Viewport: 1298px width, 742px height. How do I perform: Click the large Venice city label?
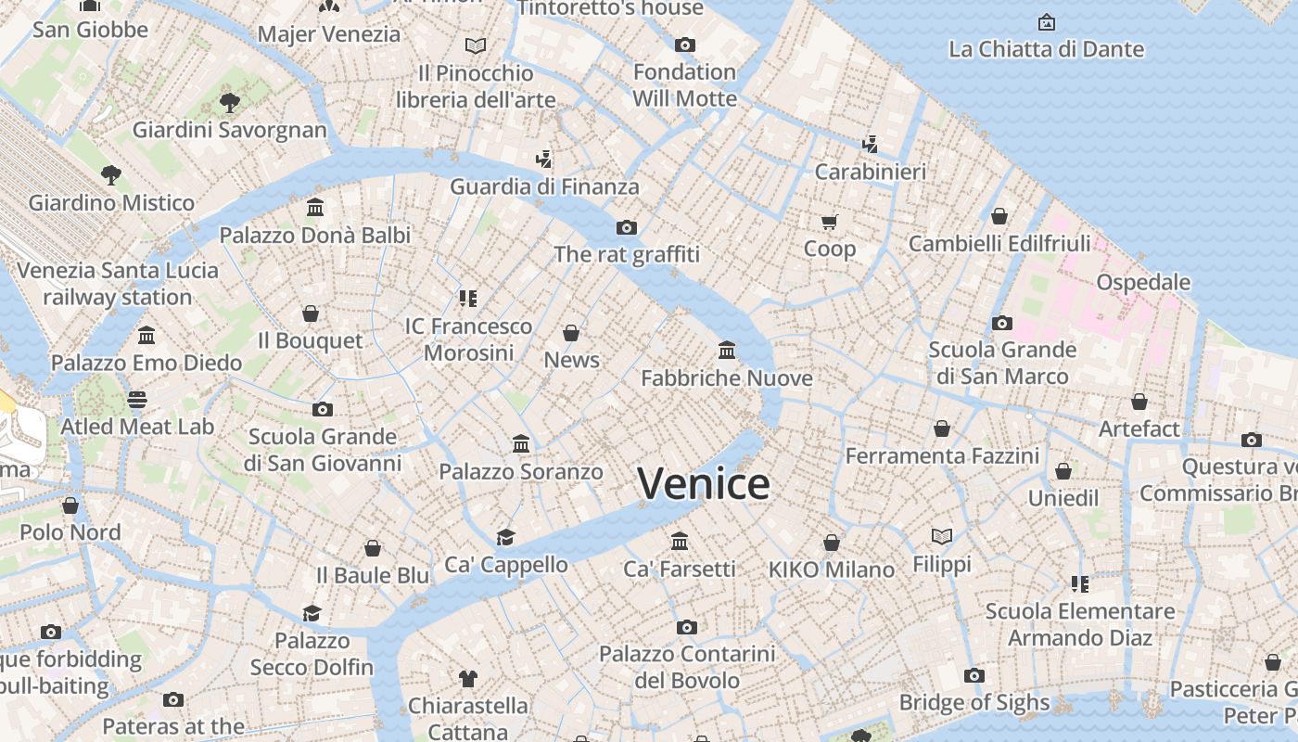703,484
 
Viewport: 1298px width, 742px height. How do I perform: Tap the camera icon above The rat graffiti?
627,227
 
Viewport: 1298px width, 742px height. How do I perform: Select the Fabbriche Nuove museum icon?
727,351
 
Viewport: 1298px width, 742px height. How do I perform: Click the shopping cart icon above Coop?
830,222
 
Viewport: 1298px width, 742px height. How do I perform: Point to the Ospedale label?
1142,282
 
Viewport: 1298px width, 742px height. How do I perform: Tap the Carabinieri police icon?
870,144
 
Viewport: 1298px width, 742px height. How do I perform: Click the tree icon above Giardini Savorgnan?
230,102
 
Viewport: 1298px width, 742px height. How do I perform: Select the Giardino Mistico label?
111,202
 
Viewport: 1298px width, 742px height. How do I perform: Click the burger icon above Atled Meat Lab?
137,400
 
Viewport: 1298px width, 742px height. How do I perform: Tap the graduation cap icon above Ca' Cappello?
505,537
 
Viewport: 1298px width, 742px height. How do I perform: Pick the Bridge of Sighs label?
974,703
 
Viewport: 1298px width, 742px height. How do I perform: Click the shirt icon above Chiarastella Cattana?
468,679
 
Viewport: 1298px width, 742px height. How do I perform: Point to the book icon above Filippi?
942,536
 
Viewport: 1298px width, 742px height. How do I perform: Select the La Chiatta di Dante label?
1046,49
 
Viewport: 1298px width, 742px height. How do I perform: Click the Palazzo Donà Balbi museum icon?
315,207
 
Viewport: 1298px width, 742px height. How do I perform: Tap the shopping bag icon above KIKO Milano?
832,543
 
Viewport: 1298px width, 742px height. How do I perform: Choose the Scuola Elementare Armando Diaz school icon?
1080,583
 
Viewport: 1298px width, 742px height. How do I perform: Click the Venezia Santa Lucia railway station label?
118,284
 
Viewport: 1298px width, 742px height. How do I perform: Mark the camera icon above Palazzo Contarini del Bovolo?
687,627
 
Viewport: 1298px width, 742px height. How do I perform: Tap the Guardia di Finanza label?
544,186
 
